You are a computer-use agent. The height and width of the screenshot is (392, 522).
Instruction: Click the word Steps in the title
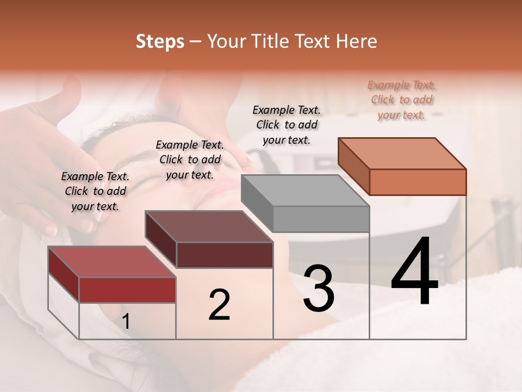click(x=160, y=41)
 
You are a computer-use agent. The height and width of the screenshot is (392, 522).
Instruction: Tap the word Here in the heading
click(x=357, y=41)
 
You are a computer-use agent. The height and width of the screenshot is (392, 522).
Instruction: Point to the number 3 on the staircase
click(x=319, y=289)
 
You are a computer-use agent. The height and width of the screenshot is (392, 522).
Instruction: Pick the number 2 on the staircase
click(x=219, y=305)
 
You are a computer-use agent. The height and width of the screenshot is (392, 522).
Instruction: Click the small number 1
click(x=126, y=322)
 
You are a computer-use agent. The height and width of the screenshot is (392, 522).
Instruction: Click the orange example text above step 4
click(x=401, y=100)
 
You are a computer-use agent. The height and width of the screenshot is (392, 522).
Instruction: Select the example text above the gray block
click(x=287, y=125)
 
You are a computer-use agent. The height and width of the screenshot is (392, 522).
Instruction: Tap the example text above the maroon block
click(x=190, y=160)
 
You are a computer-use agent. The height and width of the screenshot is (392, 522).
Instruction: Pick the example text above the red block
click(x=95, y=191)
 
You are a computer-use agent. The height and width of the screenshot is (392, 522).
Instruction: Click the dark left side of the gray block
click(x=257, y=203)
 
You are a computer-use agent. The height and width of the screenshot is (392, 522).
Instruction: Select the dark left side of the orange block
click(x=353, y=166)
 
